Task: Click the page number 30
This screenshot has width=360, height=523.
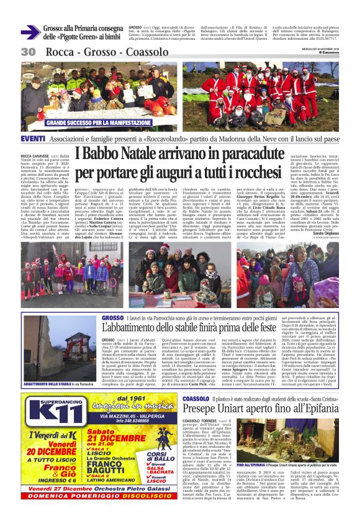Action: [x=28, y=52]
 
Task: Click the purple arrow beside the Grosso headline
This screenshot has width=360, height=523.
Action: [x=30, y=32]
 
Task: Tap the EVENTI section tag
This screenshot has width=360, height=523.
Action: [x=33, y=138]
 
